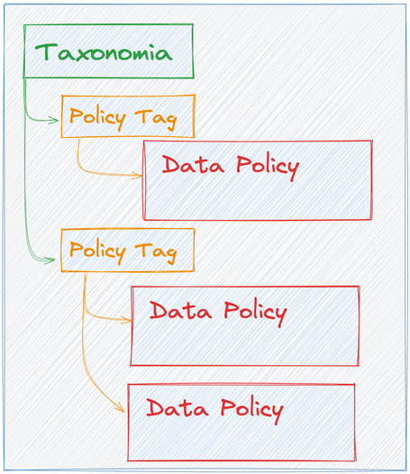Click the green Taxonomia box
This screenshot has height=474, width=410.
click(108, 51)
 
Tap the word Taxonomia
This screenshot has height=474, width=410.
click(103, 51)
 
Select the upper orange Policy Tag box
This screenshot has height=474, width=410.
click(127, 116)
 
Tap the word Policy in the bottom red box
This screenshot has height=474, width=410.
click(242, 409)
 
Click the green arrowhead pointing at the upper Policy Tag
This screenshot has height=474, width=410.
click(55, 117)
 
